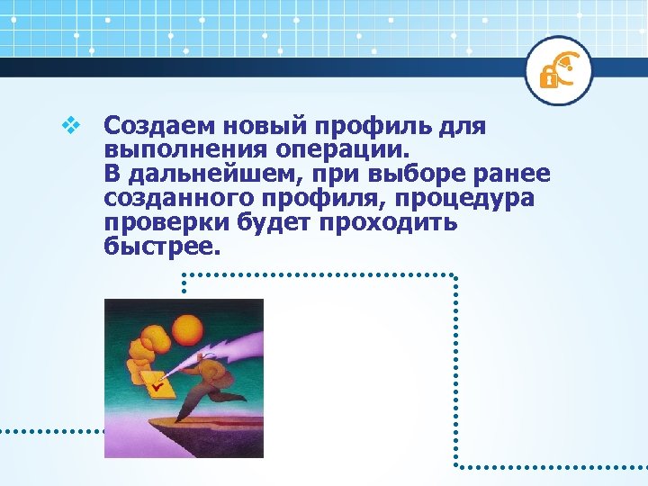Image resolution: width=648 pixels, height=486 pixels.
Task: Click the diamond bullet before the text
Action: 68,126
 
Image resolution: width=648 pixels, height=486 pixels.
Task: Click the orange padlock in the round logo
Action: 546,76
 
